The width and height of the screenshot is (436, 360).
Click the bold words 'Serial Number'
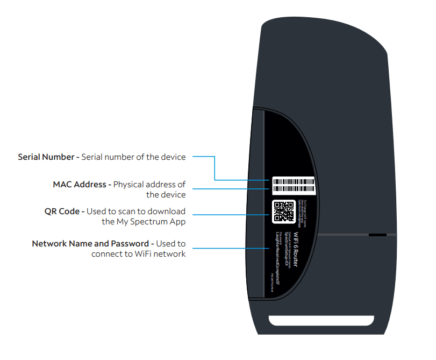46,157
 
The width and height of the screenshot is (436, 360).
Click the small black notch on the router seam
377,235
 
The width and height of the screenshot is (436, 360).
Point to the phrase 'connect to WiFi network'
139,253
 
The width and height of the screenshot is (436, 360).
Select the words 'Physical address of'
149,185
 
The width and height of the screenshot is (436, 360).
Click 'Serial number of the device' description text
133,157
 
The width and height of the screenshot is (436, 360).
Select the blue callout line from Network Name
231,248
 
